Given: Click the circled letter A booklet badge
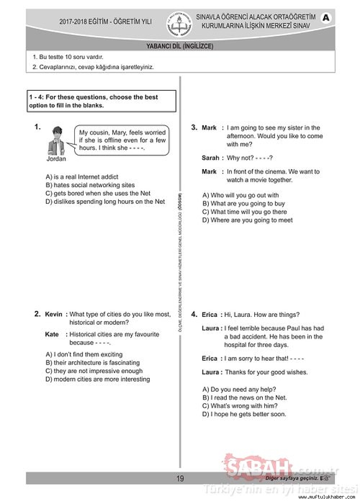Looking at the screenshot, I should [326, 18].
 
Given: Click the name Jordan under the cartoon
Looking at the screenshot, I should [56, 159].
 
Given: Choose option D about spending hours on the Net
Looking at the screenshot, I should [105, 202].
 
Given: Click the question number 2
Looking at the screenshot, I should [38, 314].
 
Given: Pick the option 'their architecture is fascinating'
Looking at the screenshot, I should [93, 363].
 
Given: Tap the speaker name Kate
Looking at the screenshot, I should [52, 334].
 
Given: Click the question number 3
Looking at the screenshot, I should [194, 128].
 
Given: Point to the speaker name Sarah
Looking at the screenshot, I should [210, 158].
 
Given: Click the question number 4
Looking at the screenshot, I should [194, 315].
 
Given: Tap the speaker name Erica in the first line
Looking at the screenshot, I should [210, 315].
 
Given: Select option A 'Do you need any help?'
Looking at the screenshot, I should [239, 389].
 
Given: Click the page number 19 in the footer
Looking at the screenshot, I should [180, 478].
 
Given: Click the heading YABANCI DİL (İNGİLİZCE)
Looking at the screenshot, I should [180, 46].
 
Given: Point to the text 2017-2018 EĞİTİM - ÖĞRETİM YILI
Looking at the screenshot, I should [105, 22].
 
